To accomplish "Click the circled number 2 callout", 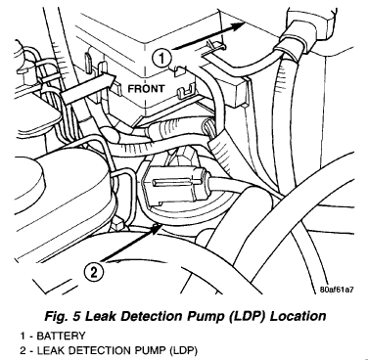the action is click(x=94, y=272).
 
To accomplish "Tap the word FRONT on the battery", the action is click(x=146, y=88).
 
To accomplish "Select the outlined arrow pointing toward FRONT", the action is click(x=87, y=87).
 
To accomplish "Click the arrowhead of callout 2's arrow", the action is click(x=156, y=229).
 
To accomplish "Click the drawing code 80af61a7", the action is click(x=337, y=290).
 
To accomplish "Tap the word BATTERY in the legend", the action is click(x=61, y=336).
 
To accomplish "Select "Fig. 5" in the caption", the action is click(x=62, y=316).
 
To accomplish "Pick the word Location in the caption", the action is click(x=298, y=316).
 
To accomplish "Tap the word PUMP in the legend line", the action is click(x=149, y=351).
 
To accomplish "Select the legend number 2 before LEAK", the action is click(x=23, y=351).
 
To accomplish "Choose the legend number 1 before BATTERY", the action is click(x=23, y=336).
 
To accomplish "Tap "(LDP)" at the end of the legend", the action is click(x=184, y=351).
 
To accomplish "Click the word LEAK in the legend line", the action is click(x=50, y=351).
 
